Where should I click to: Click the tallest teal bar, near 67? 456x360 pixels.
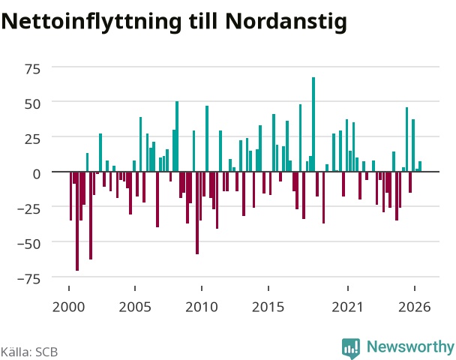pos(313,124)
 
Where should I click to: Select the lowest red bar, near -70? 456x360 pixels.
pos(77,221)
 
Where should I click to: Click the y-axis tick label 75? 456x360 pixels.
pos(32,69)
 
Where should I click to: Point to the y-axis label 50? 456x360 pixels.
pos(32,104)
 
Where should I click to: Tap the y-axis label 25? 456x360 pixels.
pos(32,139)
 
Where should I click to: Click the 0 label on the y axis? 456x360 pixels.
pos(37,174)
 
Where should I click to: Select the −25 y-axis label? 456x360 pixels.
pos(29,209)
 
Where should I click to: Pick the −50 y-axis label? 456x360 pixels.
pos(29,244)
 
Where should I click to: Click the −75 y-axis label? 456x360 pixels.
pos(29,279)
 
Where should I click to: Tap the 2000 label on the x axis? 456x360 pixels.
pos(69,307)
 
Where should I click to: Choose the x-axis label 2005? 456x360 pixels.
pos(135,307)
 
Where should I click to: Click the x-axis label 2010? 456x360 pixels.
pos(202,307)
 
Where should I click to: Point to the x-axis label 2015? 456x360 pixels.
pos(268,307)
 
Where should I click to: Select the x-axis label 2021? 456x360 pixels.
pos(348,307)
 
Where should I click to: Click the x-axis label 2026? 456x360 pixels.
pos(415,307)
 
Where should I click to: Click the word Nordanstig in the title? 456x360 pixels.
pos(286,22)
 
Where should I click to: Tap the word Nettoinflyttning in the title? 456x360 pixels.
pos(91,22)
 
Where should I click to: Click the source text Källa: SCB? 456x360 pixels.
pos(29,352)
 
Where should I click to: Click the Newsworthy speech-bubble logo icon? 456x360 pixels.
pos(351,348)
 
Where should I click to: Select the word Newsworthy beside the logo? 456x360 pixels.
pos(410,347)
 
